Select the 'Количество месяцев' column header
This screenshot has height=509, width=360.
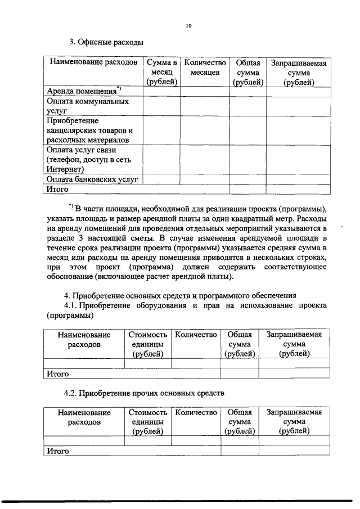(205, 67)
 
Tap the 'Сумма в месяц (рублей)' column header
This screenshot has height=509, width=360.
(161, 72)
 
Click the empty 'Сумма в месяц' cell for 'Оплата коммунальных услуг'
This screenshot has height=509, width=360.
(161, 106)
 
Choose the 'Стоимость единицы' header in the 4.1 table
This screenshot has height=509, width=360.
(148, 344)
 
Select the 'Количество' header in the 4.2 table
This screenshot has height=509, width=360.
(196, 413)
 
